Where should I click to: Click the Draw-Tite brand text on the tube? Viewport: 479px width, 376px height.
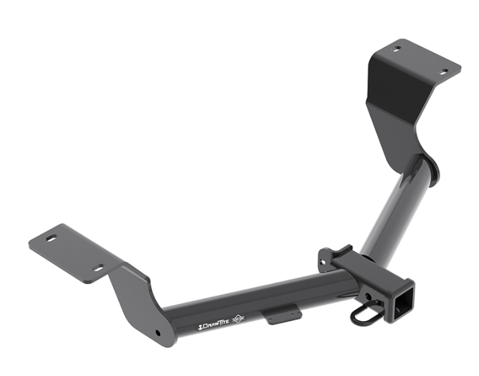pos(213,326)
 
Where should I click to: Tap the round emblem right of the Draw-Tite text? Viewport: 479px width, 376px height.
pos(238,319)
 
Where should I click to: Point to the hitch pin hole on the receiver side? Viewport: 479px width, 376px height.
pos(368,296)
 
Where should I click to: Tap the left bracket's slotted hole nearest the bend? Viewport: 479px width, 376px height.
pos(98,267)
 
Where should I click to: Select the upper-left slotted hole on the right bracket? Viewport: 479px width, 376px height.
pos(397,49)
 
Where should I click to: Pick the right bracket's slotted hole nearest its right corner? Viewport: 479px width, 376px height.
pos(443,72)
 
